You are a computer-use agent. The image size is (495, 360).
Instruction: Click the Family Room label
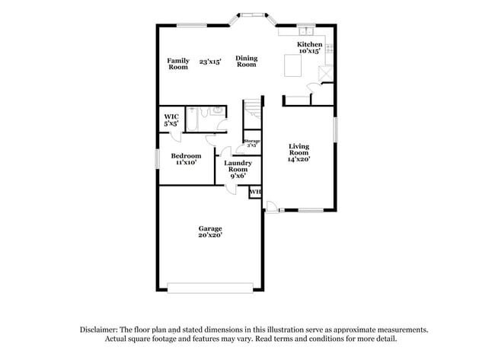point(178,64)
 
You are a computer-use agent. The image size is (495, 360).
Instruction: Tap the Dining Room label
point(246,62)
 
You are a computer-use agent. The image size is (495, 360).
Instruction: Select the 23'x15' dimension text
point(210,62)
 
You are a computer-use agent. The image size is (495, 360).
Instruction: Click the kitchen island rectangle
point(293,67)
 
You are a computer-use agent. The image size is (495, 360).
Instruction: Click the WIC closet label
point(171,119)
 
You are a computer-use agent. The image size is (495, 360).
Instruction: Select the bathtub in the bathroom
point(192,120)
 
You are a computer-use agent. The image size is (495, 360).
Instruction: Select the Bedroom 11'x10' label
point(186,159)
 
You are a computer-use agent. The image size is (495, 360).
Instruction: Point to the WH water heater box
point(255,191)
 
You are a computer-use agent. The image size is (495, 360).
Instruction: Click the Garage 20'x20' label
point(210,231)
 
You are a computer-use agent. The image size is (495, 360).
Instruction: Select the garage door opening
point(210,288)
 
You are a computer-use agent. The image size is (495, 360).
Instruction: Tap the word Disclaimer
point(100,330)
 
